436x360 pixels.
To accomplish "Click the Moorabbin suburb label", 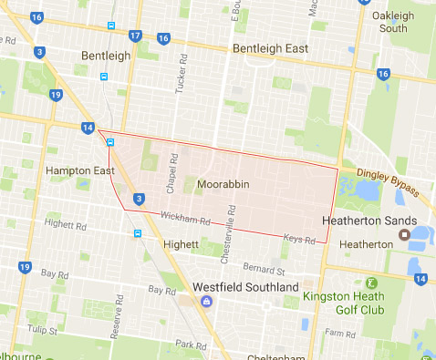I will [223, 185].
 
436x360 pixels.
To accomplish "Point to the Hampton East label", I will [76, 170].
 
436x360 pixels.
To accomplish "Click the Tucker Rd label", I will [180, 80].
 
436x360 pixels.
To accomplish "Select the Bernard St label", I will [264, 270].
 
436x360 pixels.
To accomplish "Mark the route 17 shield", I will [135, 36].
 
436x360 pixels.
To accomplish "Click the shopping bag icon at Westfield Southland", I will [207, 301].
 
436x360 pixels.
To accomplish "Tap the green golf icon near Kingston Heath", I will [370, 283].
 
